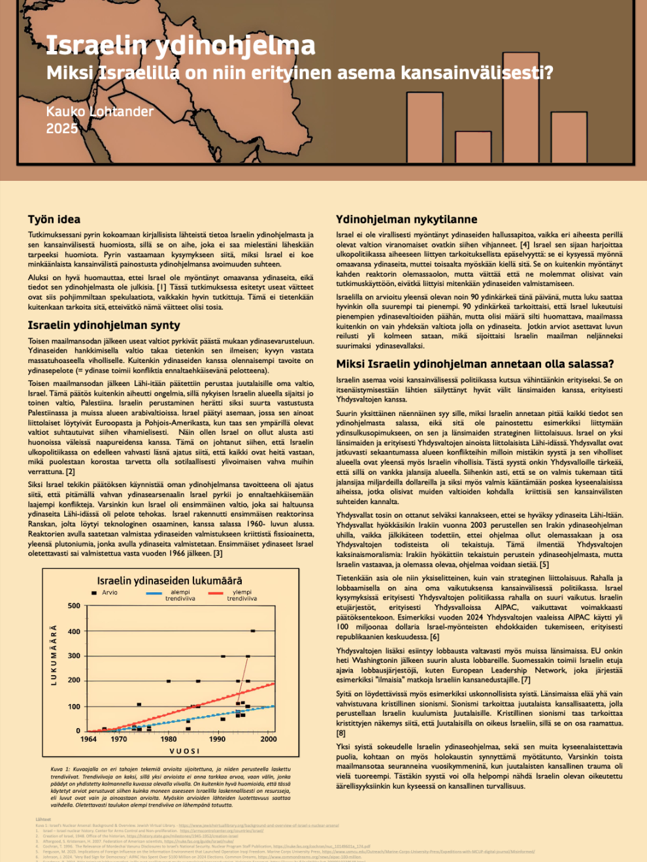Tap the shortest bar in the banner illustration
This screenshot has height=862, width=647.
pyautogui.click(x=473, y=148)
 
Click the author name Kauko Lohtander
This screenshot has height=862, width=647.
pyautogui.click(x=99, y=112)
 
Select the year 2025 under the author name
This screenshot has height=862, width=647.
pyautogui.click(x=61, y=129)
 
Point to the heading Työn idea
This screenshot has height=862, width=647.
pyautogui.click(x=54, y=219)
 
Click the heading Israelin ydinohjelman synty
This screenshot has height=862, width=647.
pyautogui.click(x=104, y=325)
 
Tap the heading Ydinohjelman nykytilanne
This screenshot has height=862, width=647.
pyautogui.click(x=406, y=219)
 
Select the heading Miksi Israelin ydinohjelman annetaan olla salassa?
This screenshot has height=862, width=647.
pyautogui.click(x=475, y=364)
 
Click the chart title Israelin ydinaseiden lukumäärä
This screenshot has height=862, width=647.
pyautogui.click(x=169, y=580)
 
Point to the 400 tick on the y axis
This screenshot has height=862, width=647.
pyautogui.click(x=74, y=631)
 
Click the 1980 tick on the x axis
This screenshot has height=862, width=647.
pyautogui.click(x=169, y=739)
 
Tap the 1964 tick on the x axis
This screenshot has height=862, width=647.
pyautogui.click(x=88, y=739)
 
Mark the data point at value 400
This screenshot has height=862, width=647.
pyautogui.click(x=253, y=631)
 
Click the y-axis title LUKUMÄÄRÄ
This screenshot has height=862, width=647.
pyautogui.click(x=54, y=655)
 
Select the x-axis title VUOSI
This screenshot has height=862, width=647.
pyautogui.click(x=184, y=751)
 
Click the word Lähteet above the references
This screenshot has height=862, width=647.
pyautogui.click(x=42, y=819)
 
